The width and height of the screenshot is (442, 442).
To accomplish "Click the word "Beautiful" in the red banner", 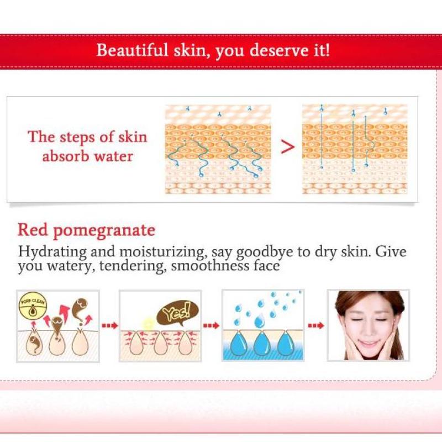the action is (x=132, y=50).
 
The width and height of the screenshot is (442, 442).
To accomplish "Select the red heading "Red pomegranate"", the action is (x=86, y=230).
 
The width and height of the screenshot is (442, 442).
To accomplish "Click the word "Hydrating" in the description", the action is (x=52, y=252).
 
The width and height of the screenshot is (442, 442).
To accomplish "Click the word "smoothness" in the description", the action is (x=210, y=266).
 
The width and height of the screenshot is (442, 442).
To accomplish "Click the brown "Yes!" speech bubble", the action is (x=177, y=312).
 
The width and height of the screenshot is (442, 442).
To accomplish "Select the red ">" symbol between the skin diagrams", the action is (x=288, y=147).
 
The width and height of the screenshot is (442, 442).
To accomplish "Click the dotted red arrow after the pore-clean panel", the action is (x=109, y=325).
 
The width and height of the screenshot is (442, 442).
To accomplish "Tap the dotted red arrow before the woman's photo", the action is (x=316, y=325).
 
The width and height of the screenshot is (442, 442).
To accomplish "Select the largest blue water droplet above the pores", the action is (x=260, y=321).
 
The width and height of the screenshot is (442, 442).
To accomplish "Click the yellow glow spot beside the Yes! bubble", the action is (x=148, y=324).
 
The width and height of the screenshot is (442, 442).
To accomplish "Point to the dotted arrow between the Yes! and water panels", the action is (x=211, y=325).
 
